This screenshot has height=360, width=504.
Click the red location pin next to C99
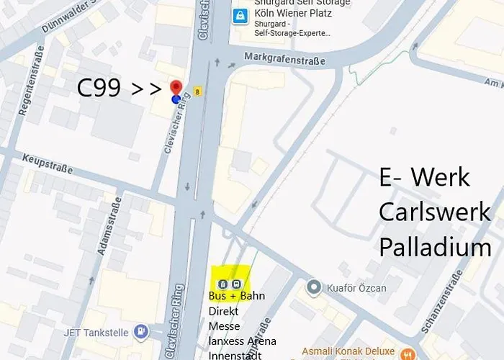[176, 88]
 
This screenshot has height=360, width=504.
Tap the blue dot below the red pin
[176, 99]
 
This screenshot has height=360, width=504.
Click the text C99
[100, 89]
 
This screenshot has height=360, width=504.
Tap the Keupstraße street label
[48, 163]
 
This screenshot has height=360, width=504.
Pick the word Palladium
[435, 248]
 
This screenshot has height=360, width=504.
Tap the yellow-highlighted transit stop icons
[230, 278]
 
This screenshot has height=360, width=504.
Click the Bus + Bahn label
[236, 296]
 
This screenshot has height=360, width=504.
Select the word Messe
[224, 325]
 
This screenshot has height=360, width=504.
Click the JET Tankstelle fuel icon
[141, 331]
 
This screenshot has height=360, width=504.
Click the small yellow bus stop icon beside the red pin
[198, 91]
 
